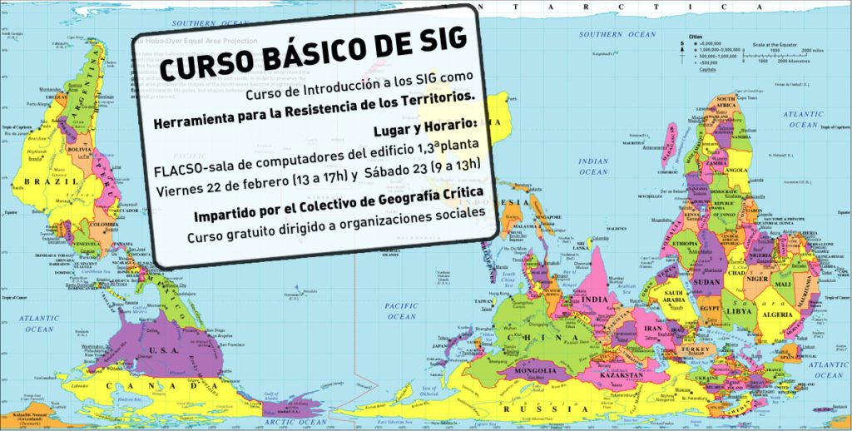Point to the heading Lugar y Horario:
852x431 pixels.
coord(424,124)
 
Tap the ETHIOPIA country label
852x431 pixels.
coord(686,245)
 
